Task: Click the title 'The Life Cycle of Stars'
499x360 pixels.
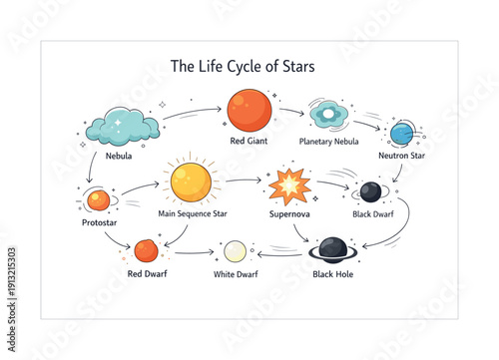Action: click(244, 67)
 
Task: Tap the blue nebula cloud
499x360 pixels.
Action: click(123, 127)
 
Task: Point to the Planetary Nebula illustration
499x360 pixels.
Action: click(327, 115)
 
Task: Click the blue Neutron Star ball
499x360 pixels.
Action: click(402, 133)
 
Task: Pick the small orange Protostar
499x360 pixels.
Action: click(98, 200)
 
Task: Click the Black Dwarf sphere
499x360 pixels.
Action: click(370, 191)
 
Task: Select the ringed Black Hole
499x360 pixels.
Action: click(332, 249)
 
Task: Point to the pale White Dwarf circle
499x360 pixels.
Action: click(236, 250)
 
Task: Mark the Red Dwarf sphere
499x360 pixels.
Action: click(147, 249)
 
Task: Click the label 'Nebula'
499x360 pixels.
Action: click(119, 156)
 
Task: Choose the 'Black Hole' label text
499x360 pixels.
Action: click(332, 273)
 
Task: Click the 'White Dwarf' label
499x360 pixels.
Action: click(237, 273)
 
